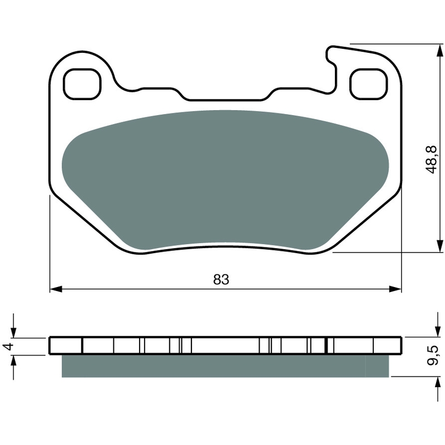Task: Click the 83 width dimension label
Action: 221,280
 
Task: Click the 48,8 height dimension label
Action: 432,159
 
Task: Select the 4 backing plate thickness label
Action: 9,346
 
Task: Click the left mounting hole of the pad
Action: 82,84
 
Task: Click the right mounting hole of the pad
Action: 369,84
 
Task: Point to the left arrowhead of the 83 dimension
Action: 56,289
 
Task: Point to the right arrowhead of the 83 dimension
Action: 395,289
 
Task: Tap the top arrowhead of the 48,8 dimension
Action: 439,51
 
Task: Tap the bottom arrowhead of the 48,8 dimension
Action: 439,245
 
